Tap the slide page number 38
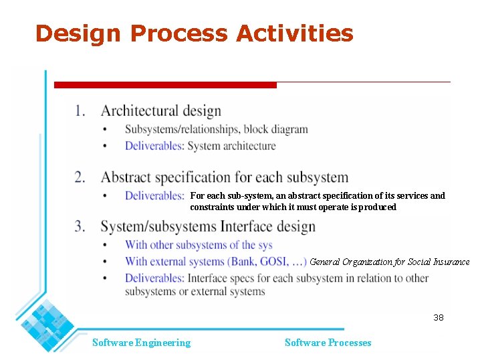(438, 317)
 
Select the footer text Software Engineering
(141, 343)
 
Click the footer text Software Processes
(328, 343)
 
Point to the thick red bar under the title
(165, 85)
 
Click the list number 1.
(80, 110)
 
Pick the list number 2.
(80, 177)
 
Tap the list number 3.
(80, 226)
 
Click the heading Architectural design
(160, 110)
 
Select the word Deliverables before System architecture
(154, 146)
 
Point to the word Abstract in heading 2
(126, 177)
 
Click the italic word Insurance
(449, 262)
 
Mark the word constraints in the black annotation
(213, 207)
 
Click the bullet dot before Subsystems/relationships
(104, 129)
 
